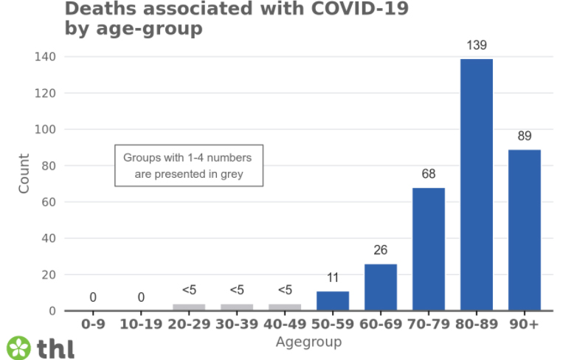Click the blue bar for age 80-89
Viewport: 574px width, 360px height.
[477, 184]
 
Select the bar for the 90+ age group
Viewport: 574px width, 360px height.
[525, 229]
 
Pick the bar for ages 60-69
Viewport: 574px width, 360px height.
[381, 287]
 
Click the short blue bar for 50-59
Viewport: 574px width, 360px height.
[333, 301]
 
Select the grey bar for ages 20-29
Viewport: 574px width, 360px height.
[189, 307]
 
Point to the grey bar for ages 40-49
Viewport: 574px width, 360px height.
[285, 307]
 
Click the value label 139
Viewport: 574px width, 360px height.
[477, 46]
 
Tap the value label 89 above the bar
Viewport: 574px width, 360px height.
[525, 136]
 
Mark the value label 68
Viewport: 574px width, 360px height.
[429, 174]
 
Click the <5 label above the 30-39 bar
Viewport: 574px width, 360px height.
[237, 290]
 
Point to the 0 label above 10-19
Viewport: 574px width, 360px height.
[141, 298]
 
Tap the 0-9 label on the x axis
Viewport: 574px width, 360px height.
[93, 324]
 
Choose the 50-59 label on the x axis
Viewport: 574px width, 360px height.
[333, 324]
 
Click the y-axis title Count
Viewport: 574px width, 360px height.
[24, 174]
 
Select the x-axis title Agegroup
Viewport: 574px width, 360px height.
[308, 342]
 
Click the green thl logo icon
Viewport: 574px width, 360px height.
[19, 347]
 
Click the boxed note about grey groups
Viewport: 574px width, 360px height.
[189, 165]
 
